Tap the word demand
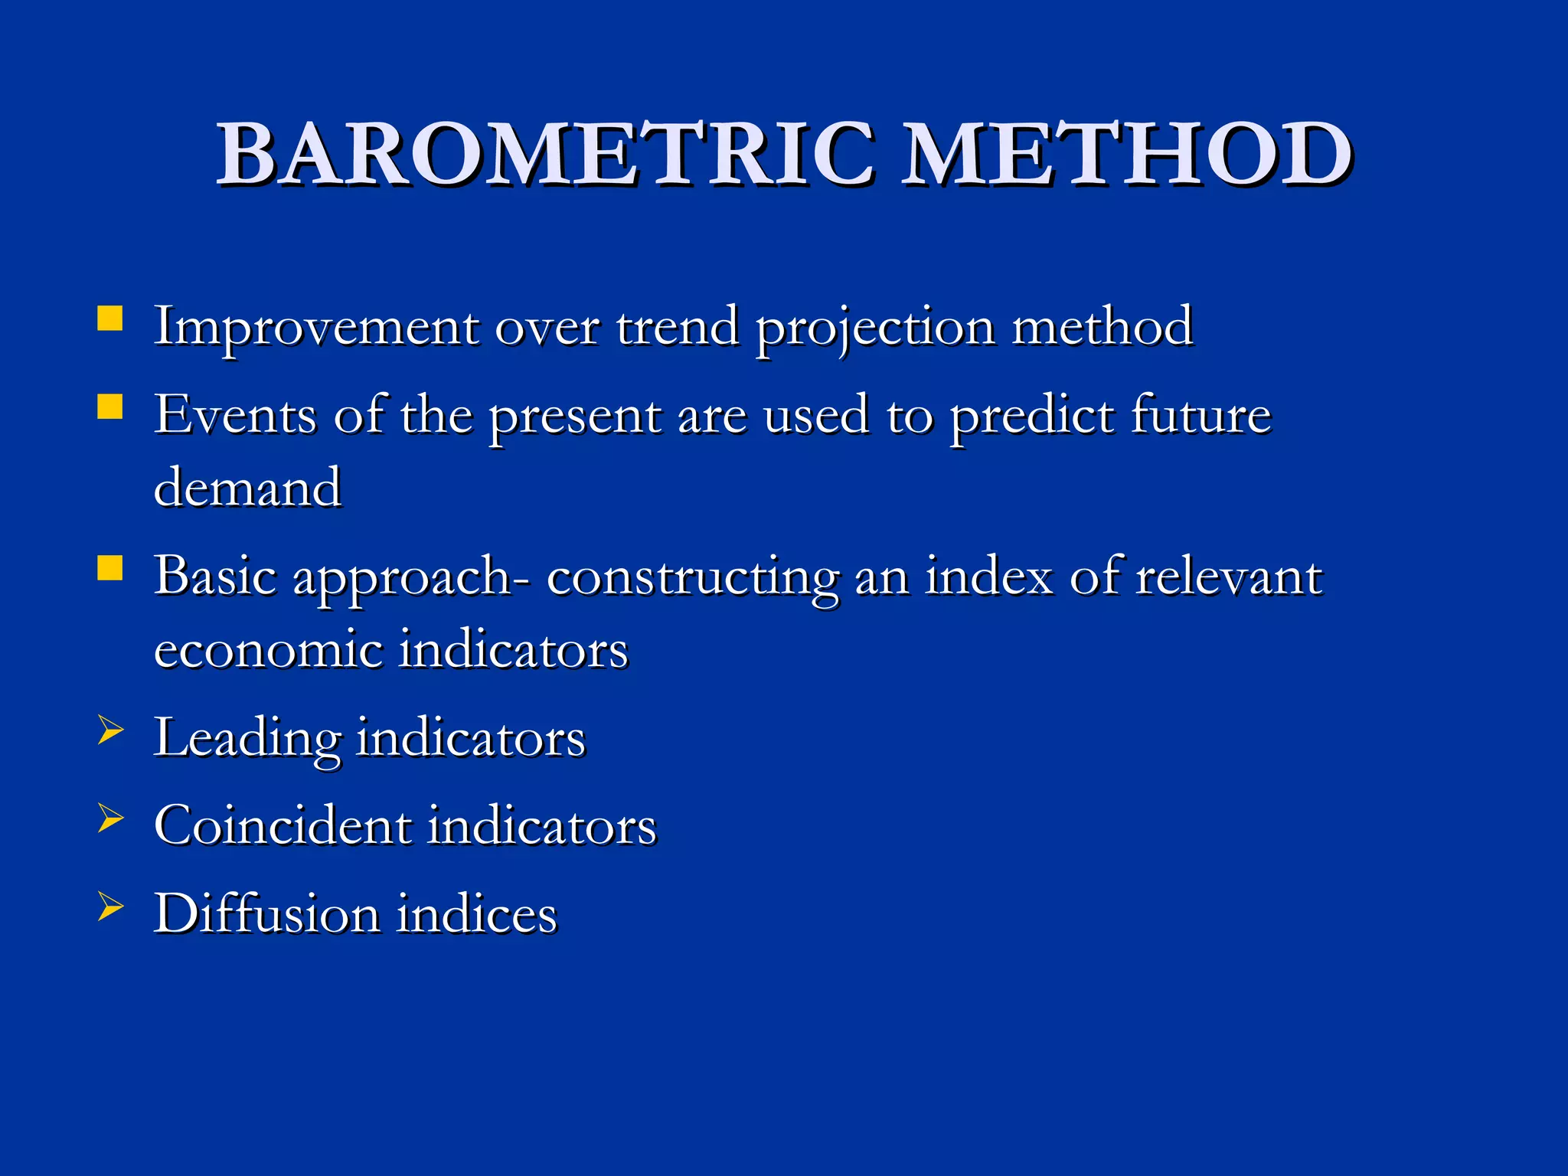[247, 488]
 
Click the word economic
[268, 649]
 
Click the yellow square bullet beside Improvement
[110, 318]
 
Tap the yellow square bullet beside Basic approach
[110, 568]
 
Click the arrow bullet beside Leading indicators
[110, 730]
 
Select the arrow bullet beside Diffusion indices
[110, 906]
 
